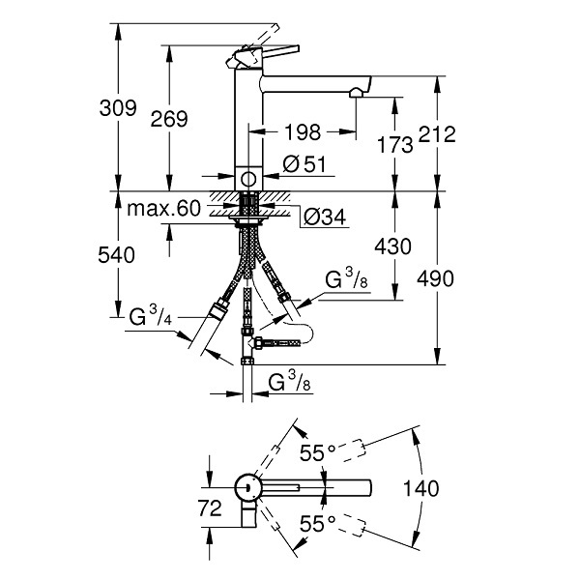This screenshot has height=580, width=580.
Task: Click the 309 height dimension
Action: tap(118, 108)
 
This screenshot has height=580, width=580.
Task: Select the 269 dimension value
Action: tap(169, 119)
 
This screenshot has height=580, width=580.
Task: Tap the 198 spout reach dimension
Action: tap(303, 132)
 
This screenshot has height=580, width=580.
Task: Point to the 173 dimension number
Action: tap(394, 144)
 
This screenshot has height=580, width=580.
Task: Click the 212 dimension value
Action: tap(437, 134)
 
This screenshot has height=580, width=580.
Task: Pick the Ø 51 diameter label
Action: tap(304, 164)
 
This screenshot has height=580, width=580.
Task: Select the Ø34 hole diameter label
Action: tap(325, 217)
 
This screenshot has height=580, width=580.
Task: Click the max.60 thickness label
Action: tap(163, 209)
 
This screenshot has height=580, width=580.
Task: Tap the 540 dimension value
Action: tap(116, 255)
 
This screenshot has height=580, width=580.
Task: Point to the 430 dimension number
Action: tap(392, 246)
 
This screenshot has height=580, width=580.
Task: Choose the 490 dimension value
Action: tap(435, 278)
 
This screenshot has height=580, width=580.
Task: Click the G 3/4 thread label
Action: tap(151, 315)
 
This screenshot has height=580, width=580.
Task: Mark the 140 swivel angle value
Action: tap(420, 488)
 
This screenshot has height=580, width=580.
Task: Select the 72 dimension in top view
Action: tap(210, 507)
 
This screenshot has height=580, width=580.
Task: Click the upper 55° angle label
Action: tap(317, 452)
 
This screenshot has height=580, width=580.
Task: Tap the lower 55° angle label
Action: tap(317, 523)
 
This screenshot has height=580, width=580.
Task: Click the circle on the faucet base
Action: tap(248, 179)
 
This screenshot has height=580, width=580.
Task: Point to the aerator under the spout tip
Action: tap(357, 92)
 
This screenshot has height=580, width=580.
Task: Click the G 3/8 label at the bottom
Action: tap(290, 382)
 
